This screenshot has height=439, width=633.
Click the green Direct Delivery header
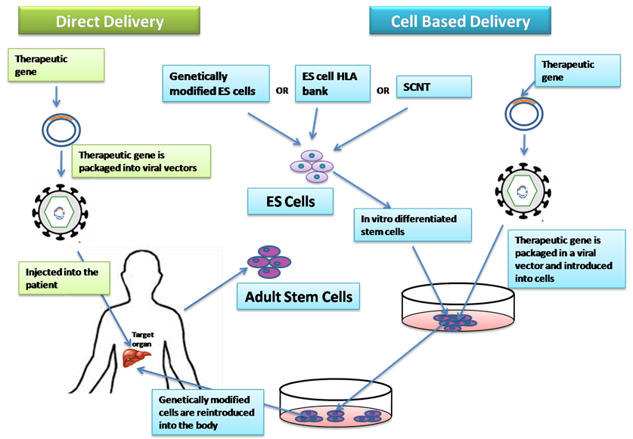tap(109, 20)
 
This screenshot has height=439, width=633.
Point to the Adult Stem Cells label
tap(298, 296)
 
